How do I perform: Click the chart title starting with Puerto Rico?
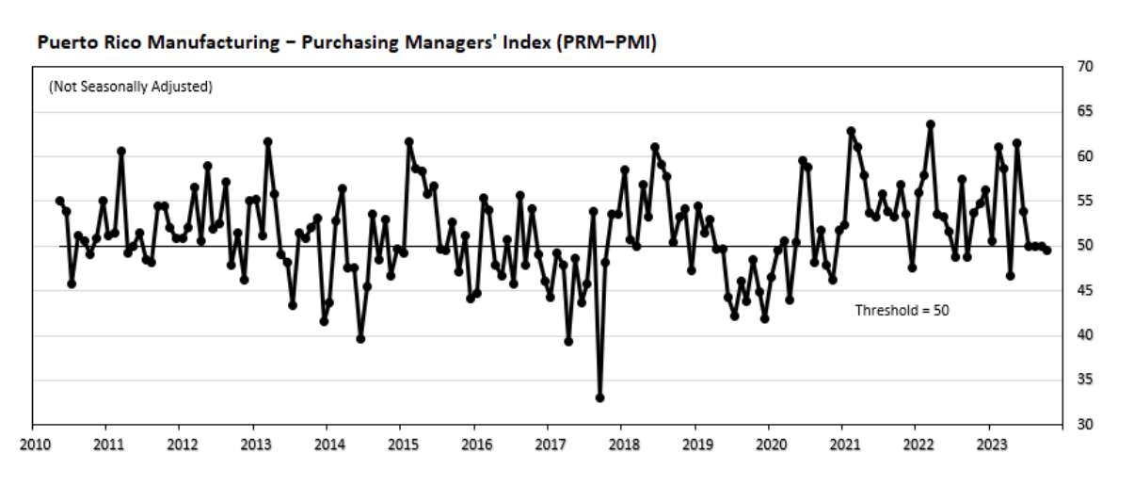(346, 43)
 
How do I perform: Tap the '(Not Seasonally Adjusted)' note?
(130, 87)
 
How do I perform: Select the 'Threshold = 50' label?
(902, 309)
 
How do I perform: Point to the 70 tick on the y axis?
(1085, 67)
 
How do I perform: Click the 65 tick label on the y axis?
(1085, 111)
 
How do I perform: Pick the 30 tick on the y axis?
(1085, 425)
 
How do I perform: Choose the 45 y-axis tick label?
(1085, 291)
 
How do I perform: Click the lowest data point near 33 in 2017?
(599, 397)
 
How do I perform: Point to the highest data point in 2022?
(931, 124)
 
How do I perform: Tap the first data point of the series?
(59, 201)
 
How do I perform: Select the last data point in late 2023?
(1047, 250)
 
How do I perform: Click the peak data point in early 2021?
(851, 132)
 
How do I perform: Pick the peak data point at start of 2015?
(408, 142)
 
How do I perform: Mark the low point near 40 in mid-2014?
(360, 338)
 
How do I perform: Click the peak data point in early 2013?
(267, 142)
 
